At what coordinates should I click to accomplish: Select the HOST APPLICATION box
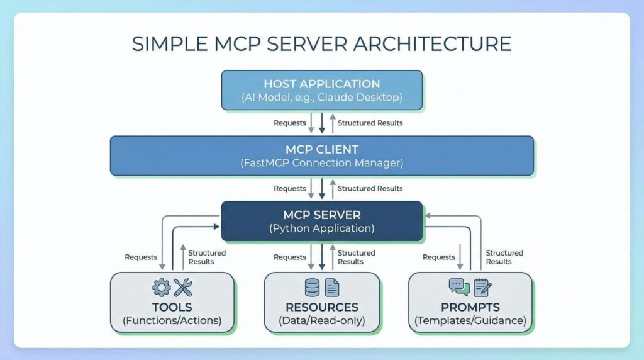point(321,90)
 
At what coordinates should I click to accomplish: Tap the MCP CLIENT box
point(321,155)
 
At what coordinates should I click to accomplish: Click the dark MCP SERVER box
point(321,220)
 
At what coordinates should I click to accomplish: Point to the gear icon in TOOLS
point(162,288)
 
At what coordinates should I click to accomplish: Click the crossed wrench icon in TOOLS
point(183,288)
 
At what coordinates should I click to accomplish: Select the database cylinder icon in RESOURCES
point(312,288)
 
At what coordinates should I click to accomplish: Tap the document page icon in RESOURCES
point(332,288)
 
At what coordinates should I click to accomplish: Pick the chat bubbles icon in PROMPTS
point(459,287)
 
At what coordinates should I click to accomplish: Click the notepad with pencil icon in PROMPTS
point(482,288)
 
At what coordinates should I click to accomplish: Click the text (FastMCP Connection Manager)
point(321,164)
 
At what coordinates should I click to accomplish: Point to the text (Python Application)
point(321,228)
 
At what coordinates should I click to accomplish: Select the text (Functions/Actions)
point(172,321)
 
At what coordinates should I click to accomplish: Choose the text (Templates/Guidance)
point(470,321)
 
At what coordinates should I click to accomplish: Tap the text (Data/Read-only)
point(321,321)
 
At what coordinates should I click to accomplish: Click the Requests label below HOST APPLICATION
point(289,123)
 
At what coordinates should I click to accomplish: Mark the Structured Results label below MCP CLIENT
point(370,188)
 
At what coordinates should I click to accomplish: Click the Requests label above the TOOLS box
point(141,257)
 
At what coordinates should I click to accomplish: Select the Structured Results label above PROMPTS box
point(504,257)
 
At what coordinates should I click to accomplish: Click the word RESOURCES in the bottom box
point(321,307)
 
